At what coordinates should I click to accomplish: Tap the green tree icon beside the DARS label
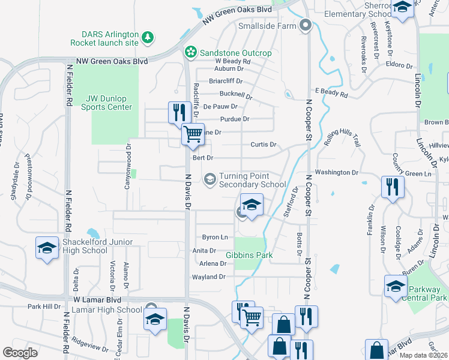(x=148, y=38)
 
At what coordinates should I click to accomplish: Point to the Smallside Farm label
(x=268, y=26)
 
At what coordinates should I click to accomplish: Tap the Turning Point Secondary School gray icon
(x=210, y=178)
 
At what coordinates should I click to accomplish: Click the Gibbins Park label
(x=249, y=255)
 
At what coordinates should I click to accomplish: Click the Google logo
(x=20, y=353)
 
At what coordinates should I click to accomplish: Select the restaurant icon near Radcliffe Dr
(x=179, y=112)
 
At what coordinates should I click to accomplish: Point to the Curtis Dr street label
(x=263, y=145)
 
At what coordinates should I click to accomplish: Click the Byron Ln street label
(x=215, y=238)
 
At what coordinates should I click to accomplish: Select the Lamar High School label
(x=106, y=310)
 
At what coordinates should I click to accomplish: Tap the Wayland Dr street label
(x=208, y=277)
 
